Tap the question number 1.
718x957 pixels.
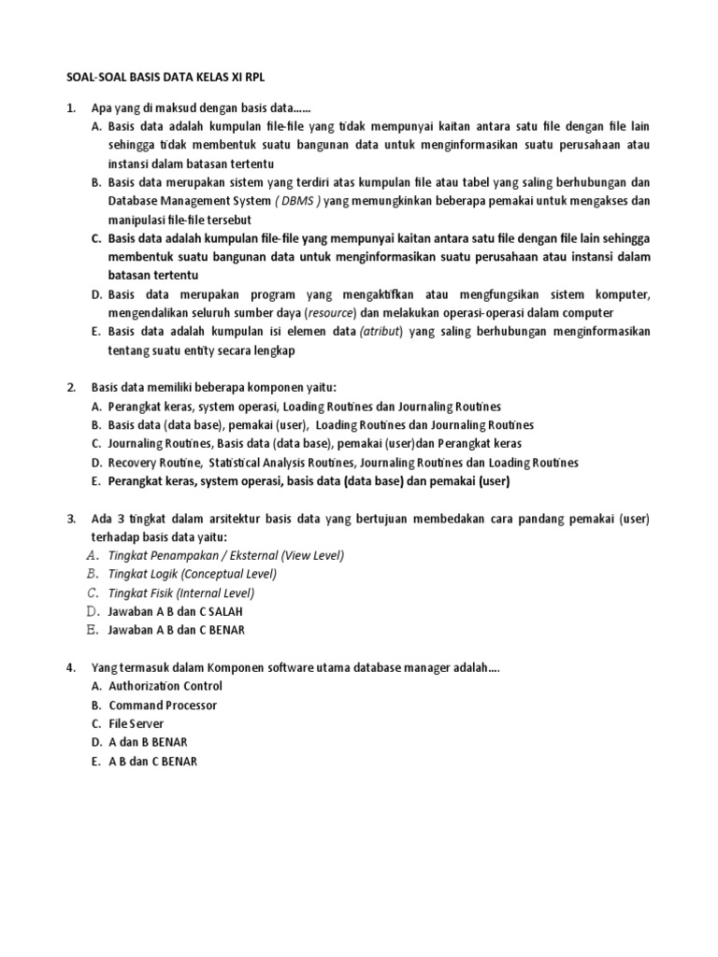coord(71,108)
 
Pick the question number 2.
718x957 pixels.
coord(71,387)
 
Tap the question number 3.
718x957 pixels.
coord(71,519)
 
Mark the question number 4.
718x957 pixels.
coord(71,667)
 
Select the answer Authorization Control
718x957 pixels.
coord(165,686)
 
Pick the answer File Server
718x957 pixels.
coord(136,724)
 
